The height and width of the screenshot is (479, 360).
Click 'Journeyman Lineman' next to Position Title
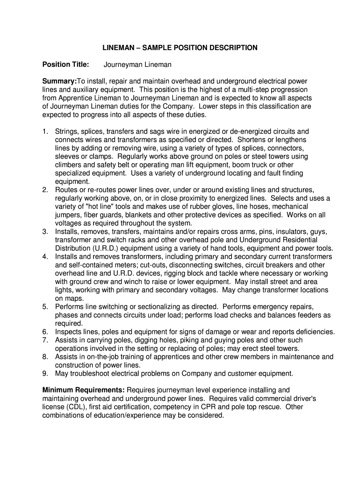(137, 64)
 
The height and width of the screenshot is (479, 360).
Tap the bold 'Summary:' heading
(60, 81)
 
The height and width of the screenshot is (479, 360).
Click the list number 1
(45, 131)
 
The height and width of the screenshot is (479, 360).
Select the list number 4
(45, 257)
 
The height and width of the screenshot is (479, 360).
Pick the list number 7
(45, 340)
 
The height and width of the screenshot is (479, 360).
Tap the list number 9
(45, 373)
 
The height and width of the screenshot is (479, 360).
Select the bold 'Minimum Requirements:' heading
(84, 390)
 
